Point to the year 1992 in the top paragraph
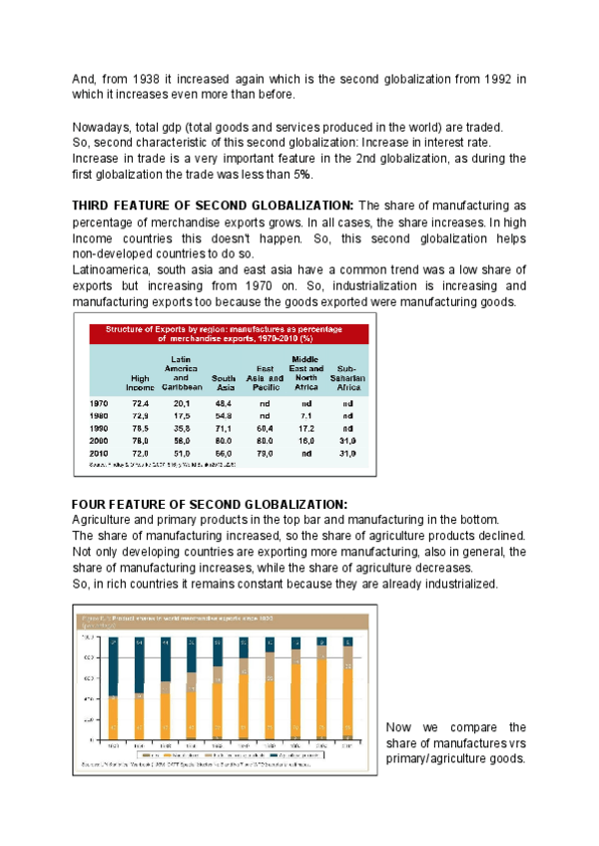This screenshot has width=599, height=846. (496, 79)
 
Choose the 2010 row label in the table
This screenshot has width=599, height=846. (101, 453)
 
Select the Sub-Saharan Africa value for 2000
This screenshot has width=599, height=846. (347, 440)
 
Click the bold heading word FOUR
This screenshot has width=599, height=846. (93, 503)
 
